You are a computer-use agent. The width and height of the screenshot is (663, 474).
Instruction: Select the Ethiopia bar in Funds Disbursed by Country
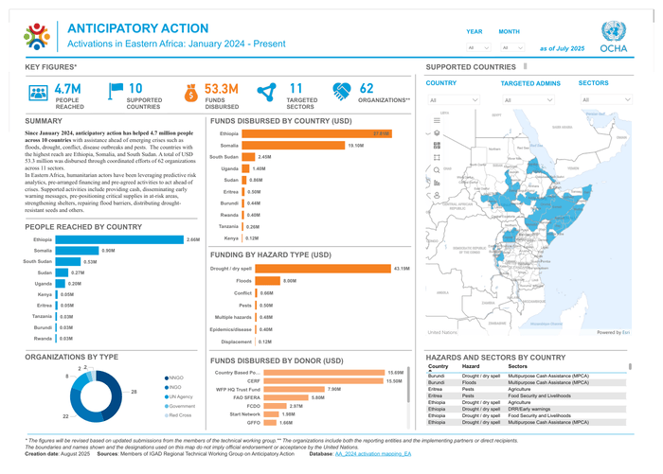(316, 133)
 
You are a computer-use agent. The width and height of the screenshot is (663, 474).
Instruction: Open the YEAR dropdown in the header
(478, 47)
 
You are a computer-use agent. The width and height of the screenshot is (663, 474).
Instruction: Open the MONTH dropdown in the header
(511, 47)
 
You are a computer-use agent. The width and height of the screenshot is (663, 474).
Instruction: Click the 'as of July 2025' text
(562, 47)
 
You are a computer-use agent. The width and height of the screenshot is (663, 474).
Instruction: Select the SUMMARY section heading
(44, 121)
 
